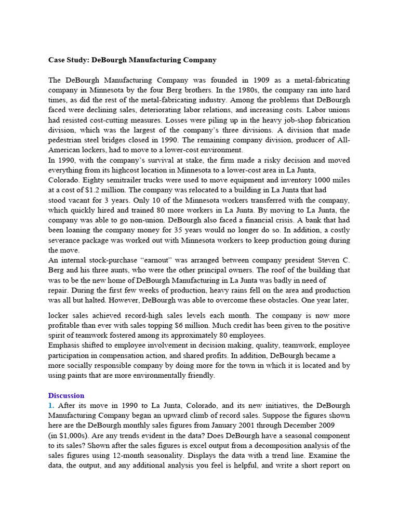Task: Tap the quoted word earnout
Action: point(159,260)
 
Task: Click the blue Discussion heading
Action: point(66,395)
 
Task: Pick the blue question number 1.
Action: point(51,405)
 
